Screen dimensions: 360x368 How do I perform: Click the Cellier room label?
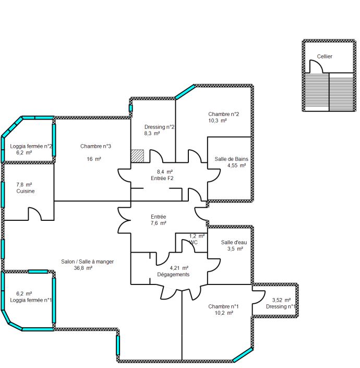[x=325, y=56]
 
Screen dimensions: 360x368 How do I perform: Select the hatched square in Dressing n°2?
[x=137, y=156]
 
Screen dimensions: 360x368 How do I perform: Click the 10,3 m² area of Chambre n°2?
[x=218, y=121]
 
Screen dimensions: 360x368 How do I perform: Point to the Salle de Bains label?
[x=231, y=159]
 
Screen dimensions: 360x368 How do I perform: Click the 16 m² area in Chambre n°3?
[x=94, y=159]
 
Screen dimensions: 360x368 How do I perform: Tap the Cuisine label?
[x=26, y=191]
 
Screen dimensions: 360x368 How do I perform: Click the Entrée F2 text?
[x=162, y=179]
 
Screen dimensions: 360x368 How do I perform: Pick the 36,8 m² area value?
[x=83, y=268]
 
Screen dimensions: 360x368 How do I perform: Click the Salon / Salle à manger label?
[x=87, y=262]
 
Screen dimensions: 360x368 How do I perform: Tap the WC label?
[x=194, y=242]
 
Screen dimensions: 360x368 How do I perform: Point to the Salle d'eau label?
[x=234, y=242]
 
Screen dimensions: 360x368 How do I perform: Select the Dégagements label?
[x=173, y=275]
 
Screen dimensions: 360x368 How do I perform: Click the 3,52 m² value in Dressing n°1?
[x=281, y=300]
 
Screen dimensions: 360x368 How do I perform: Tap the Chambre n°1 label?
[x=223, y=306]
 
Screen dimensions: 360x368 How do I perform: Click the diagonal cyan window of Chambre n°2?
[x=185, y=92]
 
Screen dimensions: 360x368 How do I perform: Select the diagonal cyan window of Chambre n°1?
[x=243, y=354]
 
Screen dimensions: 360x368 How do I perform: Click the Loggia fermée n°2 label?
[x=31, y=146]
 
